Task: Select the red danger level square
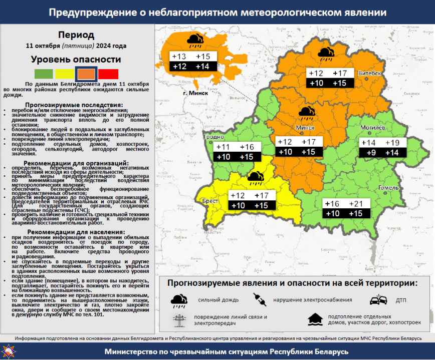click(108, 74)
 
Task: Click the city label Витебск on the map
click(370, 73)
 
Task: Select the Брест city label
click(210, 201)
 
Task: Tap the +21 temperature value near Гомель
click(355, 204)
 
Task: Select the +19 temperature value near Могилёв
click(392, 143)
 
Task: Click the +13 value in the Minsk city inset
click(179, 57)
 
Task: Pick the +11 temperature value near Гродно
click(223, 147)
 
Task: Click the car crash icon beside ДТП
click(378, 300)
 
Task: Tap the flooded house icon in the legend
click(315, 319)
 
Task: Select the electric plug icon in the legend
click(261, 300)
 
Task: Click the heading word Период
click(76, 35)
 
